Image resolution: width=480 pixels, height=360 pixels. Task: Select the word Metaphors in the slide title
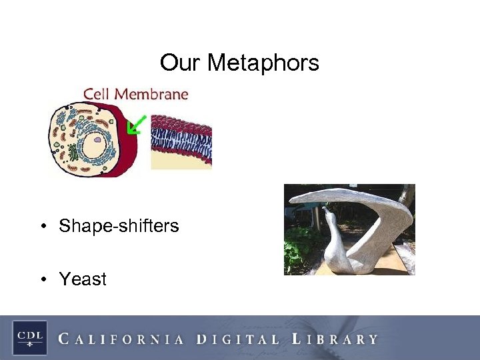(x=263, y=63)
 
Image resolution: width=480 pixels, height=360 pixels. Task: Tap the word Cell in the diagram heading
(x=98, y=95)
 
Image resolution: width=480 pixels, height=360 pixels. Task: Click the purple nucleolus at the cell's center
(x=97, y=141)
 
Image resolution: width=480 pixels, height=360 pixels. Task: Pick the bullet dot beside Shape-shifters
(x=43, y=227)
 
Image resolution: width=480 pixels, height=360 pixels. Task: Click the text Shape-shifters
(x=119, y=226)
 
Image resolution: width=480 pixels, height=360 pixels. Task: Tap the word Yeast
(x=83, y=279)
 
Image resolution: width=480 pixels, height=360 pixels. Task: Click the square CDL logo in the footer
(x=29, y=337)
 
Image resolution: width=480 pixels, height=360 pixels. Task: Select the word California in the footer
(x=121, y=339)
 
